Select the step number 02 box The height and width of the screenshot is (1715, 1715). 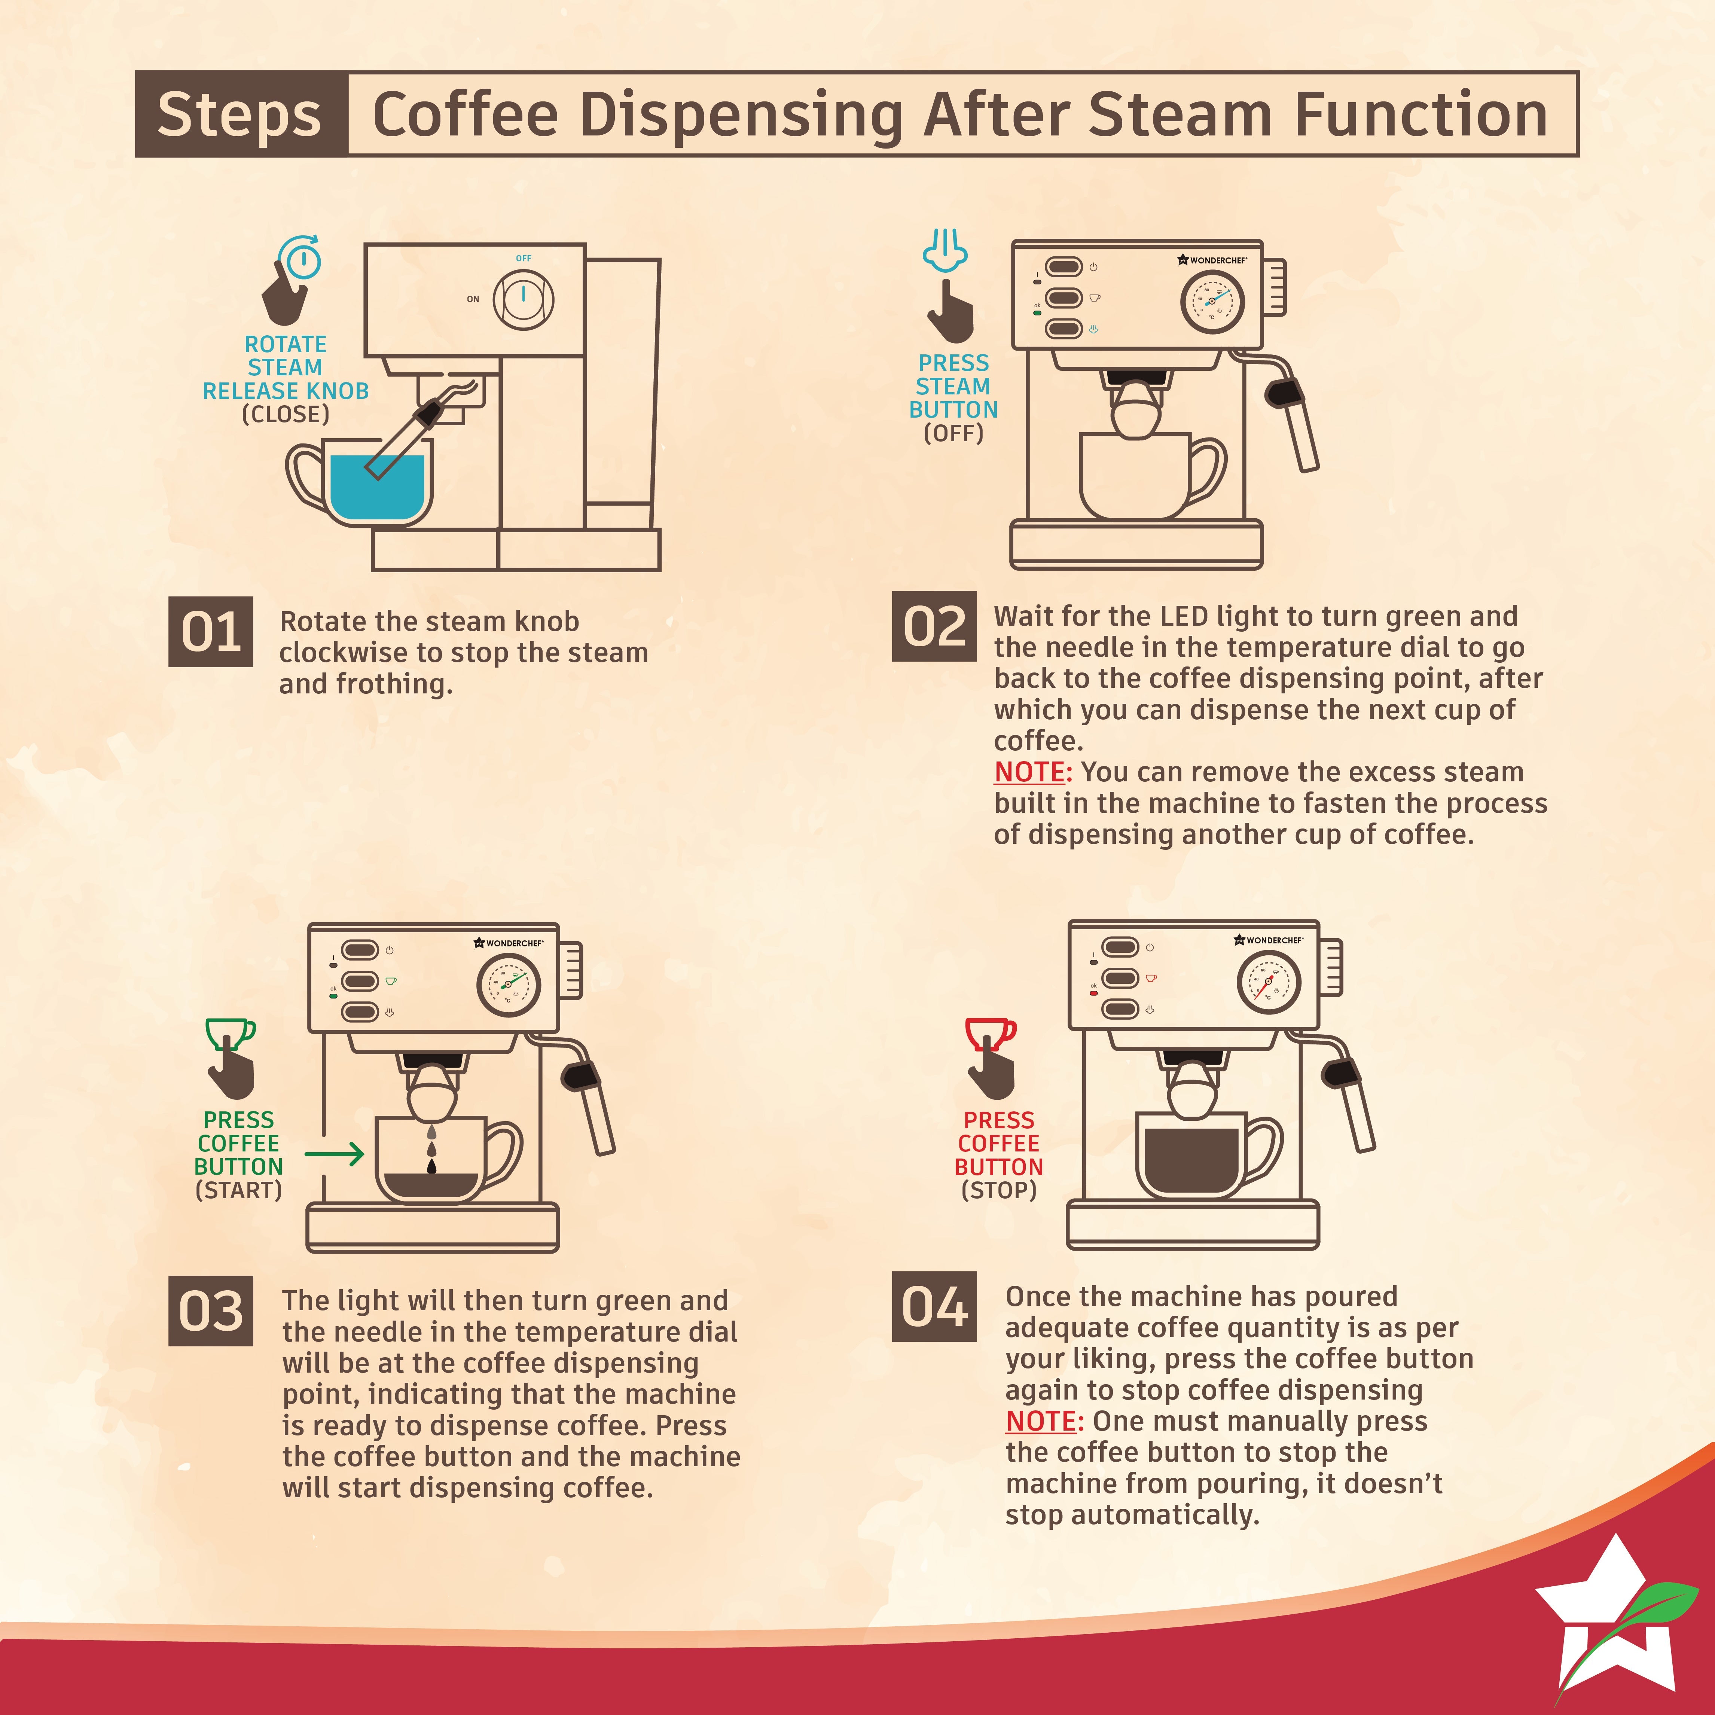pyautogui.click(x=934, y=626)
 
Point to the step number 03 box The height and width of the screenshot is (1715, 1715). pyautogui.click(x=210, y=1311)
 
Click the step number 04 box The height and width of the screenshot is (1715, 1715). pyautogui.click(x=934, y=1307)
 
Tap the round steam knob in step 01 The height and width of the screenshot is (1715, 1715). pyautogui.click(x=524, y=299)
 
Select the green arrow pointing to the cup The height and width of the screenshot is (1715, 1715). pyautogui.click(x=334, y=1154)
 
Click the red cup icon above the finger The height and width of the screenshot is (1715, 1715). pyautogui.click(x=990, y=1032)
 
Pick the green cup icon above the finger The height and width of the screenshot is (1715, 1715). pyautogui.click(x=230, y=1032)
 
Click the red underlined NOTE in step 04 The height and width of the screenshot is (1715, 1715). pyautogui.click(x=1040, y=1421)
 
